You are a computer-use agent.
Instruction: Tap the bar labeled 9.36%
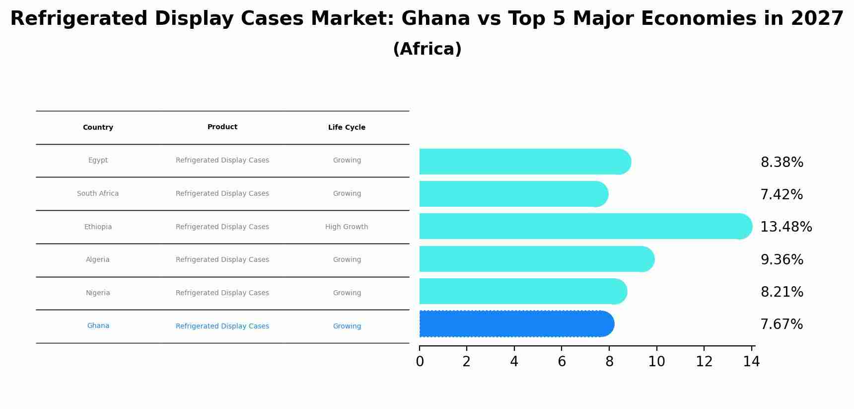(x=536, y=259)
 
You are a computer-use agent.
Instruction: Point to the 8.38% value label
(x=782, y=163)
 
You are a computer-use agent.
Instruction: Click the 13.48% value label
(x=785, y=227)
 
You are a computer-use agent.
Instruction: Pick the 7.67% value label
(x=781, y=325)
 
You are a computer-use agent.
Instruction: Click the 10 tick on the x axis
(x=656, y=362)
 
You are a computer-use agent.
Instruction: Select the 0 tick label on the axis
(x=420, y=362)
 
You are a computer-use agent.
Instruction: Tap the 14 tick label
(x=751, y=362)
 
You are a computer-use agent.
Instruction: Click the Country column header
(x=98, y=128)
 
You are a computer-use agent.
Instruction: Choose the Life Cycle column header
(x=347, y=128)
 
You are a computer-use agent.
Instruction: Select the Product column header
(x=222, y=127)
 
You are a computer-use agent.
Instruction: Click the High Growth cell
(x=347, y=227)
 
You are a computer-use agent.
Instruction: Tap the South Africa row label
(x=98, y=194)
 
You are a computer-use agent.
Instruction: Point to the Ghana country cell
(x=98, y=326)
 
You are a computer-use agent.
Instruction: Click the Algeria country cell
(x=98, y=260)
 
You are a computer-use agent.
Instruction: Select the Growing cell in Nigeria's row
(x=347, y=293)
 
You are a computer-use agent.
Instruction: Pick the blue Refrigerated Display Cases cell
(x=222, y=327)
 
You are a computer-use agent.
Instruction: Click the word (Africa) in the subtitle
(x=427, y=49)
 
